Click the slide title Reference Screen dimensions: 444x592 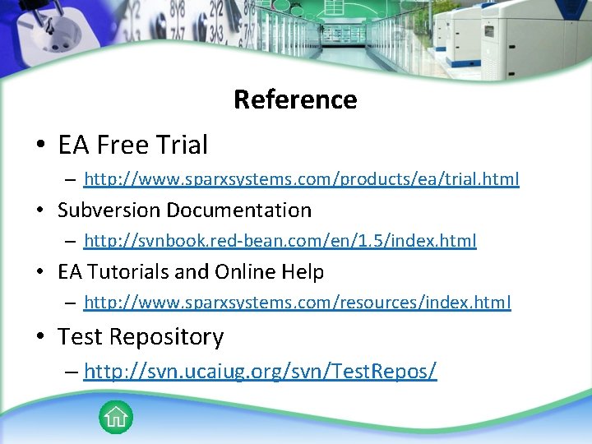[x=295, y=99]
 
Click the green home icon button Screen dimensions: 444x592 [x=116, y=417]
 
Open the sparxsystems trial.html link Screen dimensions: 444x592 [x=302, y=178]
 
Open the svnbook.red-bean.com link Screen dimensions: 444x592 [x=280, y=241]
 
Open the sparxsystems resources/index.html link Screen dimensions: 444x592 [x=298, y=303]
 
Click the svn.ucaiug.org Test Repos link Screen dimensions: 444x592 [x=261, y=371]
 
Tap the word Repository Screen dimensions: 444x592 [x=169, y=337]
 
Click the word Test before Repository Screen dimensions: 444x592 [x=80, y=337]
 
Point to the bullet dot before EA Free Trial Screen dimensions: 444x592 [x=40, y=146]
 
